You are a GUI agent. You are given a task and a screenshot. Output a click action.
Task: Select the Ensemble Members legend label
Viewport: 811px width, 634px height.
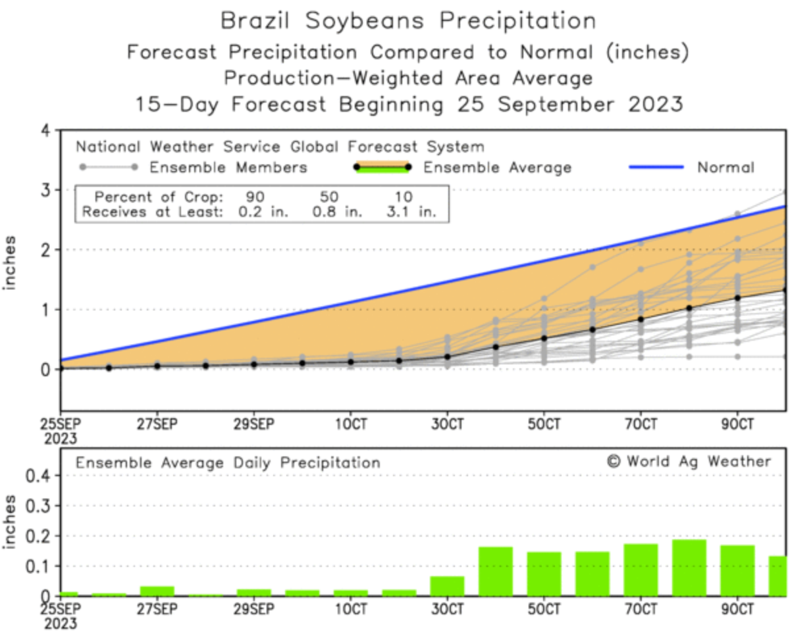228,167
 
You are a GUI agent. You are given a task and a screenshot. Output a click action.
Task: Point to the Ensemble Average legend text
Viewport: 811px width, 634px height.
496,167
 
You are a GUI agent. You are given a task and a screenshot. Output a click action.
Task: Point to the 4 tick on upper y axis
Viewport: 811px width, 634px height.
45,130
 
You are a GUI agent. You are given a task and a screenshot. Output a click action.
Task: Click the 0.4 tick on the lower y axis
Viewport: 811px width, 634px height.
34,475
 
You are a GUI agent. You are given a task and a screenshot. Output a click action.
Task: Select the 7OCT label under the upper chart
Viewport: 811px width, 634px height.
640,423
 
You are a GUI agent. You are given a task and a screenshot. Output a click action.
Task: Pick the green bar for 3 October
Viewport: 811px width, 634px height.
447,585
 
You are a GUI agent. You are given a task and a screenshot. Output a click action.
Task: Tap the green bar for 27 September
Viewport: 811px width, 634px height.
157,591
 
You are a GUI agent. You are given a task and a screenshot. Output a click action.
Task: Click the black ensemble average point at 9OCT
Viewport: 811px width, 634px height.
737,297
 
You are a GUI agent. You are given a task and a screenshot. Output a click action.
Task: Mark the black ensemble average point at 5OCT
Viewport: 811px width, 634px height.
544,338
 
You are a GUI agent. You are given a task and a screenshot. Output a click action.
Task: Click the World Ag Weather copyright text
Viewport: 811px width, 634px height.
689,461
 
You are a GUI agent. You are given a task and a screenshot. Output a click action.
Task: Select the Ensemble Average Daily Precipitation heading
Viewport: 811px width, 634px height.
228,463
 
